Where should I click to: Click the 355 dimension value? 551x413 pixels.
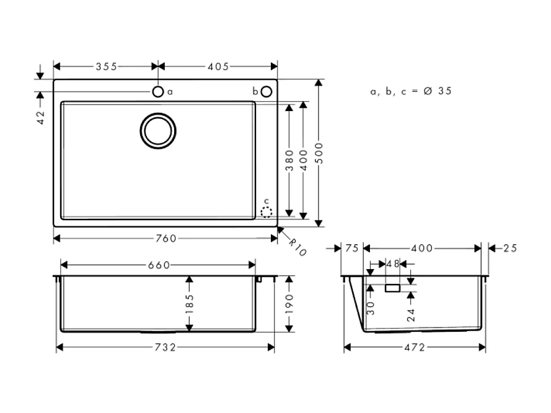106,66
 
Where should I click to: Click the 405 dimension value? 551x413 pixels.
218,66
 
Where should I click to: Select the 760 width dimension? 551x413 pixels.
165,238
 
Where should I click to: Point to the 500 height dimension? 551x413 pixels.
320,153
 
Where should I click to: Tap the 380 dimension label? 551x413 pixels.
289,161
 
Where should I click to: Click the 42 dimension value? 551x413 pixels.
41,118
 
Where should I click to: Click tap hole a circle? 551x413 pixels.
158,92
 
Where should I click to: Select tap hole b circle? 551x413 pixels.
266,92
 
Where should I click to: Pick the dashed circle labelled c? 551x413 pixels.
267,212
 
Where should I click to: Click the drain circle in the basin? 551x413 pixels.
158,131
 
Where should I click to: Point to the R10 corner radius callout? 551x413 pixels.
298,247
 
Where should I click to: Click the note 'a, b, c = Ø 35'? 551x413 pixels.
411,91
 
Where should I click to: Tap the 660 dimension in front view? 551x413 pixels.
159,265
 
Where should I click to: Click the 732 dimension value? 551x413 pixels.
165,347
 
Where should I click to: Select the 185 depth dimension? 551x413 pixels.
190,304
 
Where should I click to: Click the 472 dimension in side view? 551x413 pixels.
415,347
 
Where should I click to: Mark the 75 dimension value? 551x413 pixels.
352,248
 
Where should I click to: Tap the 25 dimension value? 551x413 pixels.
509,248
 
